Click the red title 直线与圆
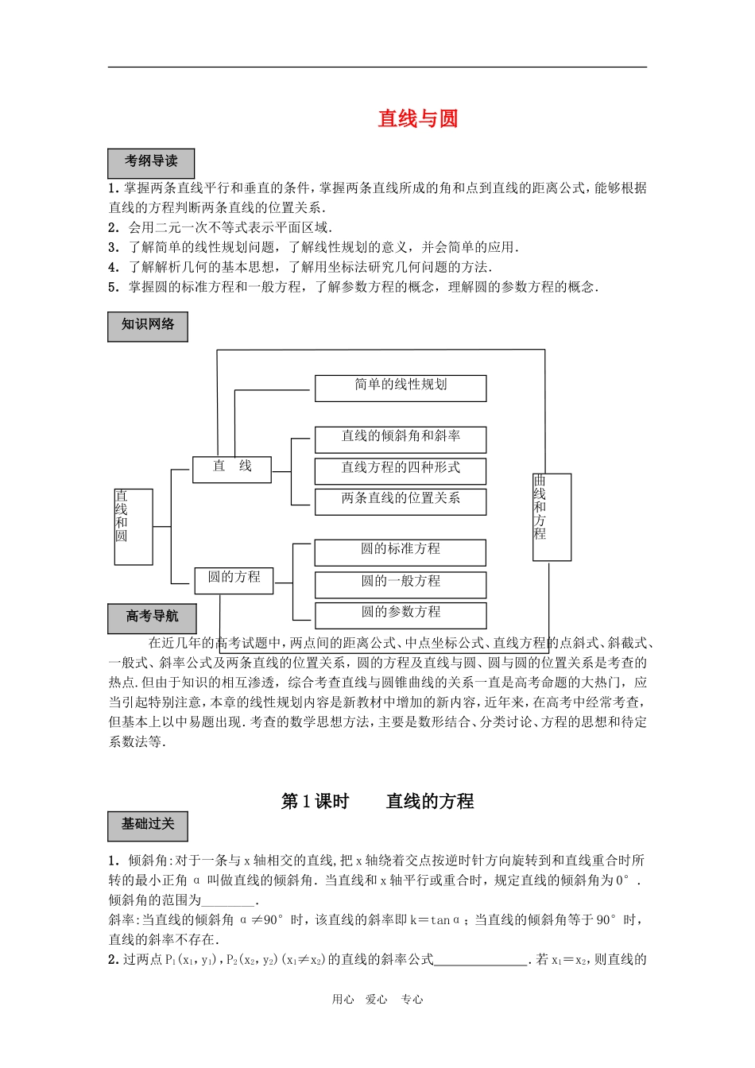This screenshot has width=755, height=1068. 418,118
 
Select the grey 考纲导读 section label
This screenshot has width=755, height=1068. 151,163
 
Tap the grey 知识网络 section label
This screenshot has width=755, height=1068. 148,326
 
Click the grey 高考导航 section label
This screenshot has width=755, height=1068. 152,617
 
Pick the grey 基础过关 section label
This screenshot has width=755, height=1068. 148,826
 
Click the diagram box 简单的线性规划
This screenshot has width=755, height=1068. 401,388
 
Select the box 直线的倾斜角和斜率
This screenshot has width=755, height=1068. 401,439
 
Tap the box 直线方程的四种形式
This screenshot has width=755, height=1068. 401,470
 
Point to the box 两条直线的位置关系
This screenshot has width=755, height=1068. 401,501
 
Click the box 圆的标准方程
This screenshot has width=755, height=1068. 401,552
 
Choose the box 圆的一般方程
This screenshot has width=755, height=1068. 401,584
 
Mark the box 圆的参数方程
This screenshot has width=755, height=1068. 401,615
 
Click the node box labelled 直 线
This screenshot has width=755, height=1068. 232,469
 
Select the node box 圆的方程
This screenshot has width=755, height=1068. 234,580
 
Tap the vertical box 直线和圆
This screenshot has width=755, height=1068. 133,527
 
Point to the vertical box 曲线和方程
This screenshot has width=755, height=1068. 552,517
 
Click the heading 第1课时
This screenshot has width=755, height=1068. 316,801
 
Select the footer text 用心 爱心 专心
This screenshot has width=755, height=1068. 377,1000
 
